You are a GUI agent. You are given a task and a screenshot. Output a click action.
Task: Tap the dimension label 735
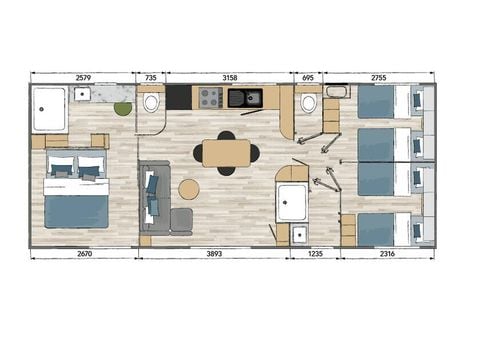tap(151, 76)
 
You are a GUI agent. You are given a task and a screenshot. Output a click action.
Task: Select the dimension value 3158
tap(228, 76)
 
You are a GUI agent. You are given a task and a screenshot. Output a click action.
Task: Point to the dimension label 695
tap(308, 76)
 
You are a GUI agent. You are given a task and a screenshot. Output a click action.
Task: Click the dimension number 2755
tap(378, 76)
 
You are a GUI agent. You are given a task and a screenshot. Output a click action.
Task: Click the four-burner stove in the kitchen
tap(210, 98)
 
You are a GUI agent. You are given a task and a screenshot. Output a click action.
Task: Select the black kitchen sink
tap(243, 98)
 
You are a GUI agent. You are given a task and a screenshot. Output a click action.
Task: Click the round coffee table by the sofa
tap(188, 189)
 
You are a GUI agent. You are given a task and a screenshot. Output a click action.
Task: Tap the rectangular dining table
tap(227, 153)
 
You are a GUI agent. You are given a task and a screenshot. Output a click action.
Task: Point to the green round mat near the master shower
tap(123, 108)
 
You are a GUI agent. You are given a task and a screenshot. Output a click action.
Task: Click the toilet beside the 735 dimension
tap(151, 102)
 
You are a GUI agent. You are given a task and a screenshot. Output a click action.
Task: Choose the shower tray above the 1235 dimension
tap(294, 202)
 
